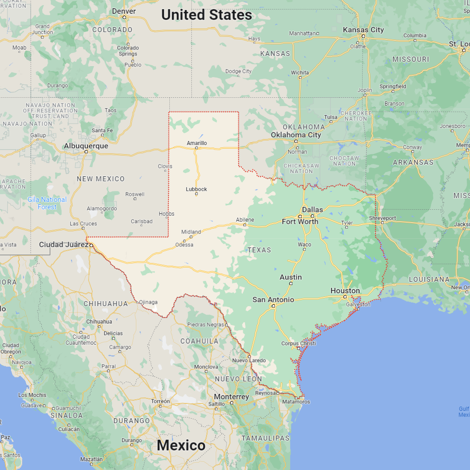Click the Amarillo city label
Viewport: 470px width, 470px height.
click(196, 143)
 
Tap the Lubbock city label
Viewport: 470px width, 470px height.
click(196, 189)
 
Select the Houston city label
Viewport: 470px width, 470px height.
click(345, 291)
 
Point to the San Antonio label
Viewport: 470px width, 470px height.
click(273, 300)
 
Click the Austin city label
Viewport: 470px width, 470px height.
click(291, 277)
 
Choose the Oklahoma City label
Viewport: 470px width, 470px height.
click(296, 135)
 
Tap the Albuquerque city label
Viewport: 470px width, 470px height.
click(86, 146)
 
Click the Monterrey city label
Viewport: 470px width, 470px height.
click(231, 397)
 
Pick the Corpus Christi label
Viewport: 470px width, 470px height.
click(298, 343)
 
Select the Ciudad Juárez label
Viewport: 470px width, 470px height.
click(64, 245)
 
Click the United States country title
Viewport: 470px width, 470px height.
click(207, 15)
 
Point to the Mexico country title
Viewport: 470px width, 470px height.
click(181, 445)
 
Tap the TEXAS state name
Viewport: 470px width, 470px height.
click(259, 250)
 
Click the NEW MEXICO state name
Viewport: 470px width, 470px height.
click(101, 179)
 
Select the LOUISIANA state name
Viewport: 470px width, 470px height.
click(429, 279)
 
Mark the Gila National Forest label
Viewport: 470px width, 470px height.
click(47, 203)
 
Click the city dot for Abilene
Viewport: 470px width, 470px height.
click(245, 225)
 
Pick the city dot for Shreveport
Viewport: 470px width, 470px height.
click(382, 223)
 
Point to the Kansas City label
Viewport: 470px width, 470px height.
click(363, 30)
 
